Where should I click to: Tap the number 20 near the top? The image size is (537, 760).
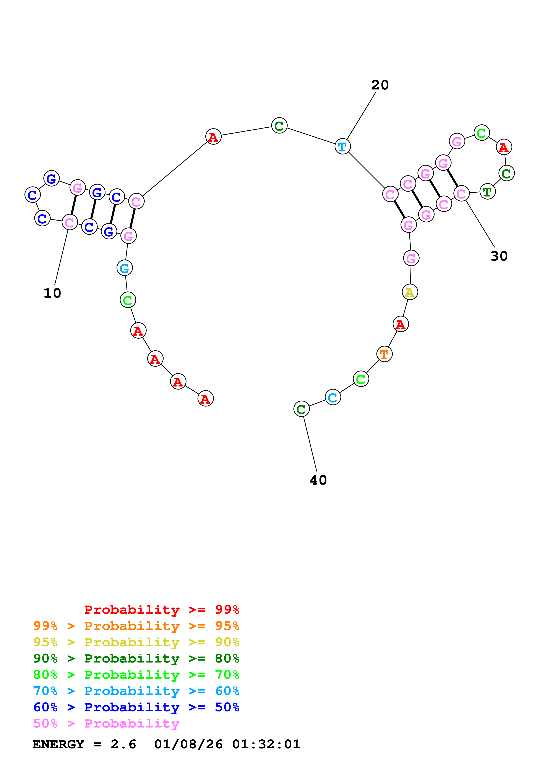pos(380,85)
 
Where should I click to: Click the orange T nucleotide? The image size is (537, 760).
pos(384,354)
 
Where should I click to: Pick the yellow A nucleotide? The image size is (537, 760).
pos(410,292)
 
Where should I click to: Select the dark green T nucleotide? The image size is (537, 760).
pos(487,192)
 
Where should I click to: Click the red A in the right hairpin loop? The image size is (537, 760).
pos(504,147)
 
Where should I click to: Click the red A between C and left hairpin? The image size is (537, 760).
pos(213,136)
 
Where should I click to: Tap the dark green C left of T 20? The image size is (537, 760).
pos(279,126)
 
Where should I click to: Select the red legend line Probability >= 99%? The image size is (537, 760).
pos(161,609)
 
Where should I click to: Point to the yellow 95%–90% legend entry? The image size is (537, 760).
pos(136,642)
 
